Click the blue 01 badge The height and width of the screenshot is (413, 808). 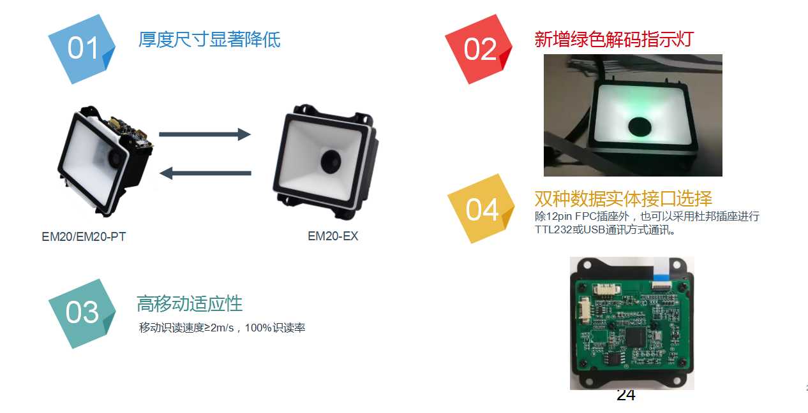tap(82, 49)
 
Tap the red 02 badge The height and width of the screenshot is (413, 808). tap(479, 49)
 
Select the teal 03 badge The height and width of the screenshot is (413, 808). tap(82, 314)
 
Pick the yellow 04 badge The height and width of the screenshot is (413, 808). tap(481, 209)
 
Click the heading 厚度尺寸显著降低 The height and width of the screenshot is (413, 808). tap(209, 40)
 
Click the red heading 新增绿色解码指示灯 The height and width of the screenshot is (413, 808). tap(614, 40)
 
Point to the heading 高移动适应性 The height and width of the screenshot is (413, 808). tap(190, 303)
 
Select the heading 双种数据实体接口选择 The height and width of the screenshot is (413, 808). tap(624, 198)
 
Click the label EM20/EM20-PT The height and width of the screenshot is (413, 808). tap(84, 236)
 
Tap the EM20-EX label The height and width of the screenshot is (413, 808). tap(333, 236)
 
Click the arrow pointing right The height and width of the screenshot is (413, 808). tap(204, 134)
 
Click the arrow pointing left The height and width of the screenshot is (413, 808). tap(206, 173)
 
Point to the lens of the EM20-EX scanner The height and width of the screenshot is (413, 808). tap(331, 162)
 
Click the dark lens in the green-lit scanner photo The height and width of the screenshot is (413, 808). tap(640, 127)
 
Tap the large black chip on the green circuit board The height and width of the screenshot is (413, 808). tap(636, 338)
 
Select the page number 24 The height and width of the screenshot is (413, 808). tap(626, 395)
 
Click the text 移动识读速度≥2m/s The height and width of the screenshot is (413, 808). tap(186, 328)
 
